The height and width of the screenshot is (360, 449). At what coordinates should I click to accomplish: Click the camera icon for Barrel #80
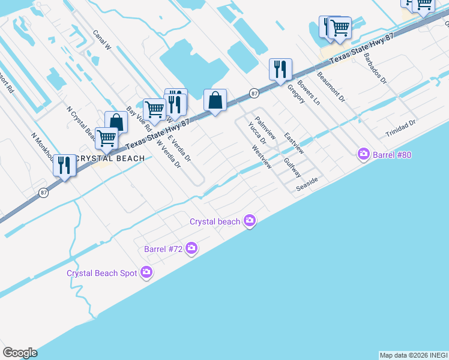363,154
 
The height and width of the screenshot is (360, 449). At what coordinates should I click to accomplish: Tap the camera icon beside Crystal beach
250,221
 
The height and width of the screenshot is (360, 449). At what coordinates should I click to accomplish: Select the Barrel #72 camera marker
191,248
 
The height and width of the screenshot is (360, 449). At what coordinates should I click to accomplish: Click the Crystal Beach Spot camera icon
146,273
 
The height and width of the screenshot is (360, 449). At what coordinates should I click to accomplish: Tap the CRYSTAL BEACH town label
112,158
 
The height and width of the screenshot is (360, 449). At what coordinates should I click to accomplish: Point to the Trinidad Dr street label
400,127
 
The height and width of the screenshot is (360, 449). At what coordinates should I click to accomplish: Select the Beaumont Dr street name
331,86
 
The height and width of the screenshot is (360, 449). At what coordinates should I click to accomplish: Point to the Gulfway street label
292,168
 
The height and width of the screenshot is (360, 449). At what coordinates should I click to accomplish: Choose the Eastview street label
294,143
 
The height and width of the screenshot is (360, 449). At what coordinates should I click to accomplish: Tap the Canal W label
103,40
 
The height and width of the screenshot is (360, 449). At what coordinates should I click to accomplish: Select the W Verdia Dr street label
169,153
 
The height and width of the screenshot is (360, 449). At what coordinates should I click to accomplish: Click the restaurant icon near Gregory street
280,70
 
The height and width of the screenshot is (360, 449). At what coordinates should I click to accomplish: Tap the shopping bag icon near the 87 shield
215,100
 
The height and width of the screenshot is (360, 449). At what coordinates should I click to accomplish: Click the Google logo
20,353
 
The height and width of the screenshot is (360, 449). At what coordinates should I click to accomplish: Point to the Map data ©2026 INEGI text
414,355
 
